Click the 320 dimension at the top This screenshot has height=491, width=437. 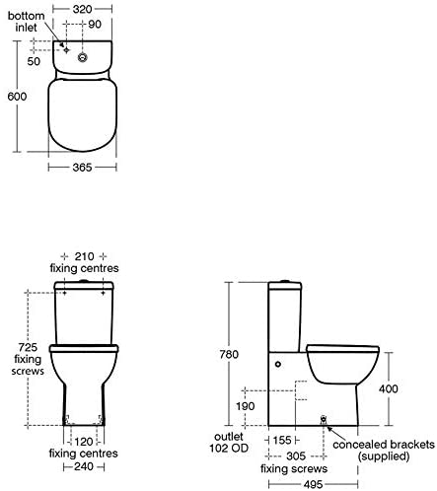[82, 9]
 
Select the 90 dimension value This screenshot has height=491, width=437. [95, 24]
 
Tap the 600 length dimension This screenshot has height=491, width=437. [17, 97]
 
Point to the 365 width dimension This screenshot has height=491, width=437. [82, 168]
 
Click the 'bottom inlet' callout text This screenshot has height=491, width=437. [26, 22]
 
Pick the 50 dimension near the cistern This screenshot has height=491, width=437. [34, 61]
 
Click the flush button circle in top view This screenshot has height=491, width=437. [83, 57]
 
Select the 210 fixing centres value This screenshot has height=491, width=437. [84, 256]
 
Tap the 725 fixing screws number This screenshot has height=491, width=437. [28, 347]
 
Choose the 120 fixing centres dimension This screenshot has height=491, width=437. [84, 442]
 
